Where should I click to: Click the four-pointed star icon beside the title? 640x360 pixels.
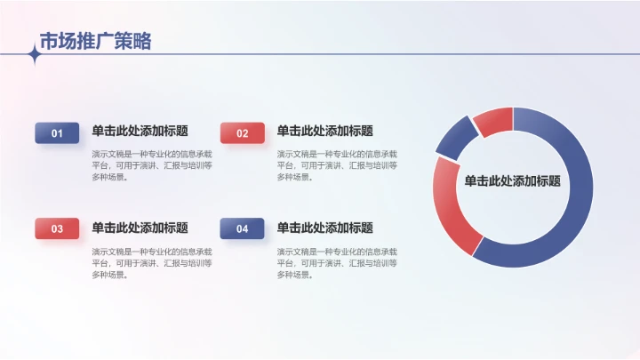35,55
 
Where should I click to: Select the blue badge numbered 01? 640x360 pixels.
57,133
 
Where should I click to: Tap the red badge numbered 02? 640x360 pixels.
242,133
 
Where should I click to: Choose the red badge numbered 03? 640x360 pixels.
57,228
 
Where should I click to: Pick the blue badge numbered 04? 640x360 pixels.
242,228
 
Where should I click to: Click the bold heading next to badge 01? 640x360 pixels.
140,131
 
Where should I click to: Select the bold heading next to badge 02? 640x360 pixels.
324,131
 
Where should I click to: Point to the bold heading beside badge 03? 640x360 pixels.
140,228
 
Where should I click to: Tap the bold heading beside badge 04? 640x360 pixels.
324,228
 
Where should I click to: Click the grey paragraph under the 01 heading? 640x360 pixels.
152,164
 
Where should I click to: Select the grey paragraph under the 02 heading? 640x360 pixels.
337,164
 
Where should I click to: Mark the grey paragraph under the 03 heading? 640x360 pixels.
152,262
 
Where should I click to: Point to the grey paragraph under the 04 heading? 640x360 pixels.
337,262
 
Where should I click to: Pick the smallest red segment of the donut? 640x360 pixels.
494,119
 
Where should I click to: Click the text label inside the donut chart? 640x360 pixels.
512,180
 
